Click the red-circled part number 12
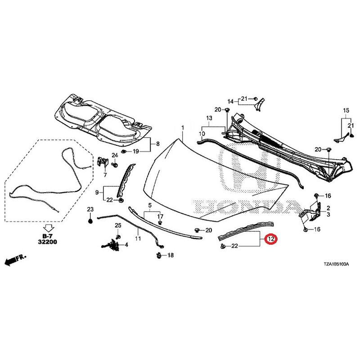coord(271,239)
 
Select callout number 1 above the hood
coord(183,127)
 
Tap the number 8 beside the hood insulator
coord(158,144)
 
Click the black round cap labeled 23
coord(90,221)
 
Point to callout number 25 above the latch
coord(118,225)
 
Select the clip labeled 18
coord(159,255)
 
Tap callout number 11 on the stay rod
coord(138,239)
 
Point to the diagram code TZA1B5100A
coord(336,265)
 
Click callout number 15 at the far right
coord(346,110)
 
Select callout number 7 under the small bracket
coord(105,175)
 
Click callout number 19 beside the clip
coord(136,152)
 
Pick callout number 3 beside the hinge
coord(328,215)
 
